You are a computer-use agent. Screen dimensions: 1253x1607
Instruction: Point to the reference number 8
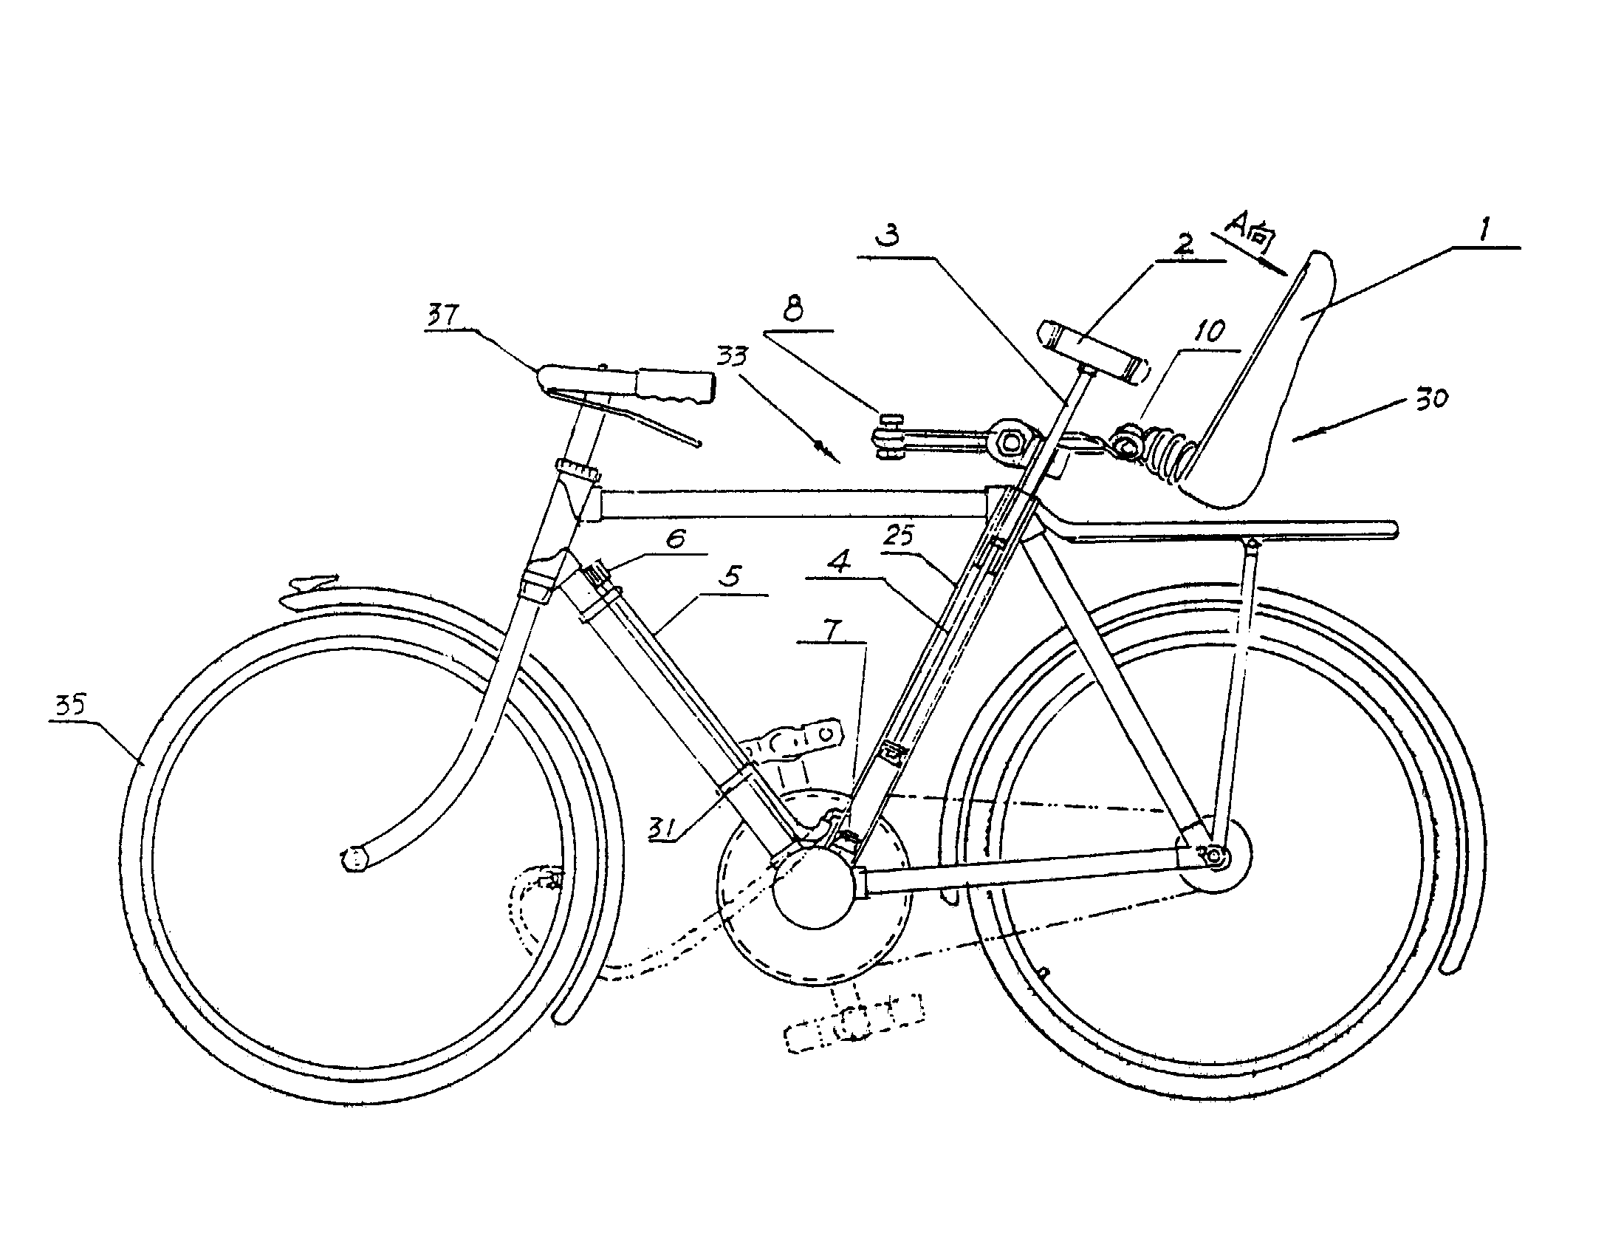(x=792, y=311)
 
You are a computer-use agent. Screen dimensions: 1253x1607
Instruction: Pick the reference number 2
(x=1183, y=245)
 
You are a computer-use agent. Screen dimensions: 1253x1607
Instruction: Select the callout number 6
(x=676, y=539)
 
